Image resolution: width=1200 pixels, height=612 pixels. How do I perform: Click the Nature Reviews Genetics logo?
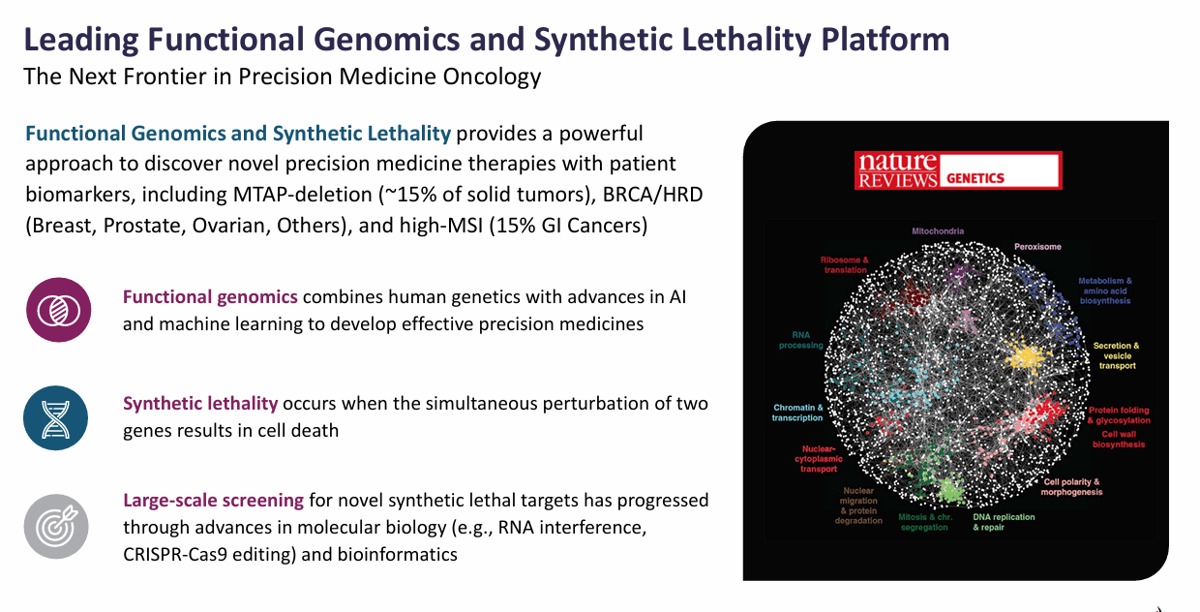[x=957, y=170]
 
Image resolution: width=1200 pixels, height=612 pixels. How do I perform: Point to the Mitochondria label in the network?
[x=937, y=231]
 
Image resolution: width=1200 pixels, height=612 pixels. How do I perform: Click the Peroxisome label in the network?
[x=1037, y=247]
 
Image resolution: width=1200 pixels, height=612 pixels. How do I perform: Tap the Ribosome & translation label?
[x=844, y=265]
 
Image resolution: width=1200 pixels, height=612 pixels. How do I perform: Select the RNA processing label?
[x=800, y=339]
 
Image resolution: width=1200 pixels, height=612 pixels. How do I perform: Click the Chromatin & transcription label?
[x=798, y=413]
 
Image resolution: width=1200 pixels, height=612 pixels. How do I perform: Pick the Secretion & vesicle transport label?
[x=1115, y=355]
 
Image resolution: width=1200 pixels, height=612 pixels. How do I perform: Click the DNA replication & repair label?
[x=1004, y=522]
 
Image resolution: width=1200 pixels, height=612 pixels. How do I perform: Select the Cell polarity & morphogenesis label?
[x=1070, y=486]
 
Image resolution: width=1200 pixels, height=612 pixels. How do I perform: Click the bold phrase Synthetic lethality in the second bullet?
[x=200, y=403]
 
